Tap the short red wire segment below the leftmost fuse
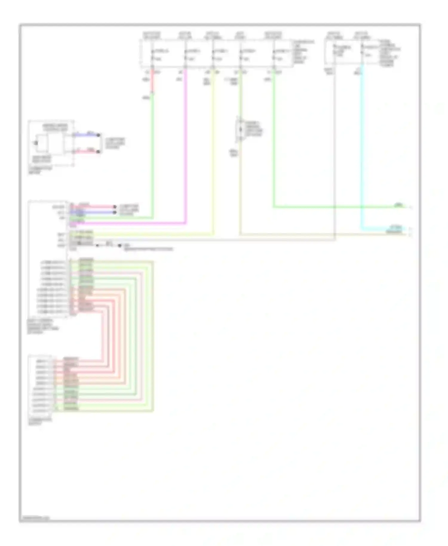click(x=152, y=82)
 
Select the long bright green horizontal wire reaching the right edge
click(x=329, y=207)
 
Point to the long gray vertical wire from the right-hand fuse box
click(x=335, y=149)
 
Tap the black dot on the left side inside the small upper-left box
click(x=36, y=143)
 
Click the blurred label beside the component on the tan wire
click(x=254, y=129)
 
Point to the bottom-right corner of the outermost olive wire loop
click(x=153, y=411)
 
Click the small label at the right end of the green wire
click(x=399, y=205)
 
